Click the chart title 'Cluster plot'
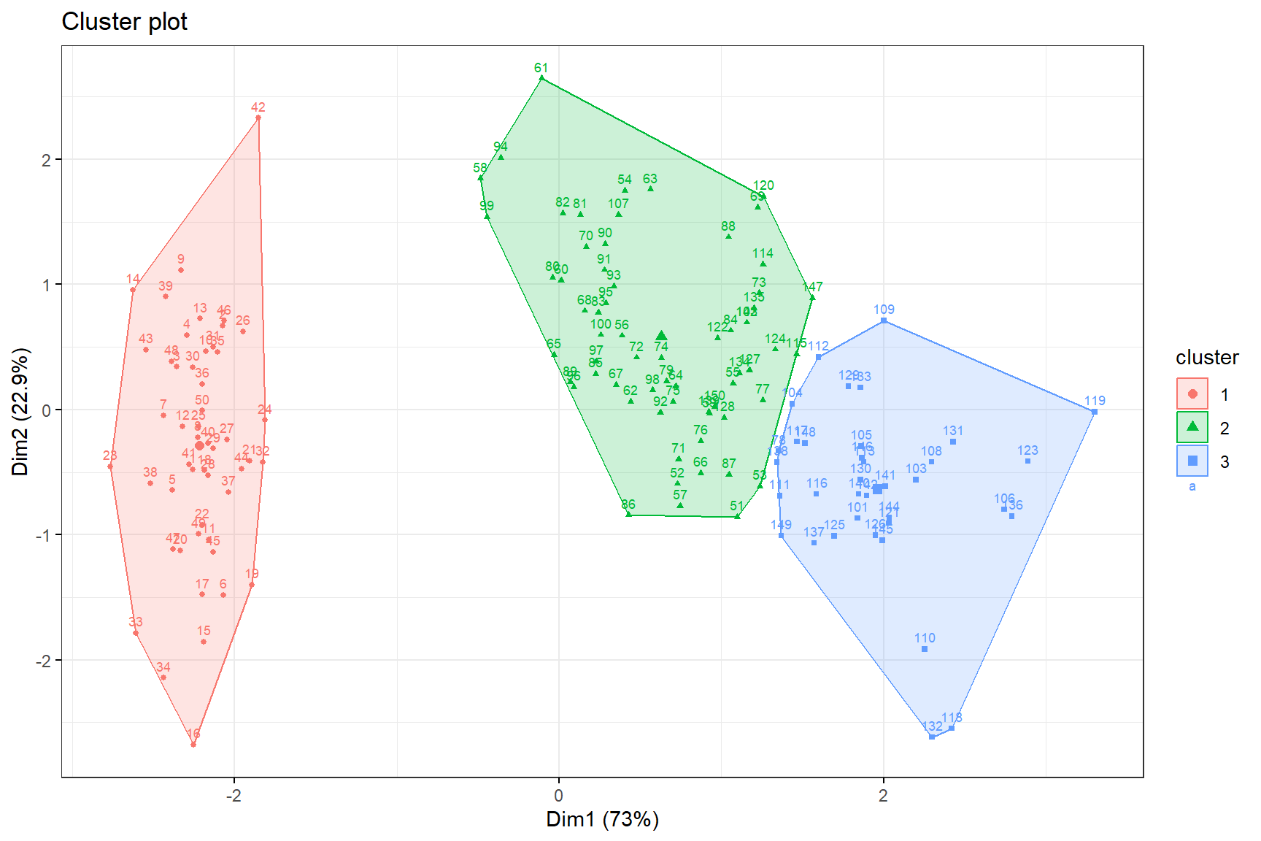(124, 22)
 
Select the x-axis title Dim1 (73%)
(602, 819)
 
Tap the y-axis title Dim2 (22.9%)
(20, 412)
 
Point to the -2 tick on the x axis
(234, 795)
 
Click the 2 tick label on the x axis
(883, 795)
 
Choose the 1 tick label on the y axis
(46, 285)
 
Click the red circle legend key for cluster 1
(1192, 394)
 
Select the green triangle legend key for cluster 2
(1192, 428)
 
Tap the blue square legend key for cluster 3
(1192, 461)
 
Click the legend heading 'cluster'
(1207, 358)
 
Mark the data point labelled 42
(258, 118)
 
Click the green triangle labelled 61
(541, 77)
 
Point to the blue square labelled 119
(1094, 412)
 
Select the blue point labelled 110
(925, 649)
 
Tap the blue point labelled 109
(884, 320)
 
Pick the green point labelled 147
(812, 298)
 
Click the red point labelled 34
(163, 677)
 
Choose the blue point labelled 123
(1027, 461)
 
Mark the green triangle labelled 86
(628, 515)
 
